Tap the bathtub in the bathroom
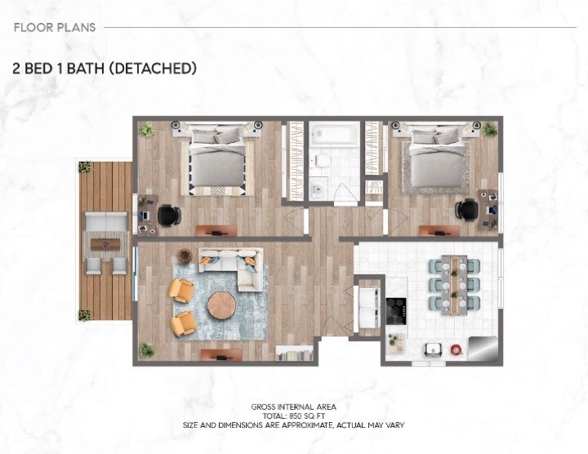click(334, 132)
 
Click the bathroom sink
click(318, 188)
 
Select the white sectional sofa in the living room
click(236, 266)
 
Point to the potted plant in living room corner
click(147, 349)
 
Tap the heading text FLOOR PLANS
click(55, 27)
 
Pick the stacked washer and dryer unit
click(369, 309)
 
